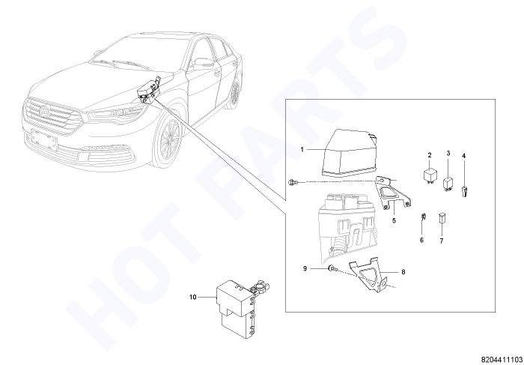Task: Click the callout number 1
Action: click(302, 150)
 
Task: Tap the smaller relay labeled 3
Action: click(448, 184)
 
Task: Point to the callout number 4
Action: click(463, 156)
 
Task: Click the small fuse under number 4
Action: click(464, 193)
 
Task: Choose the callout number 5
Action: click(394, 221)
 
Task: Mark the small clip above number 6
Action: click(422, 216)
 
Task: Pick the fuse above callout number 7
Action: click(442, 218)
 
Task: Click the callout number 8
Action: click(403, 272)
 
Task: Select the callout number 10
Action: click(193, 297)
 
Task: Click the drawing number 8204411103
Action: click(502, 359)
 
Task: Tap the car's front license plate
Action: click(43, 139)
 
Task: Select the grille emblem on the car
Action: click(44, 111)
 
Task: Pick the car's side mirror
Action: click(203, 64)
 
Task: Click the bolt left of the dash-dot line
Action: click(292, 182)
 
